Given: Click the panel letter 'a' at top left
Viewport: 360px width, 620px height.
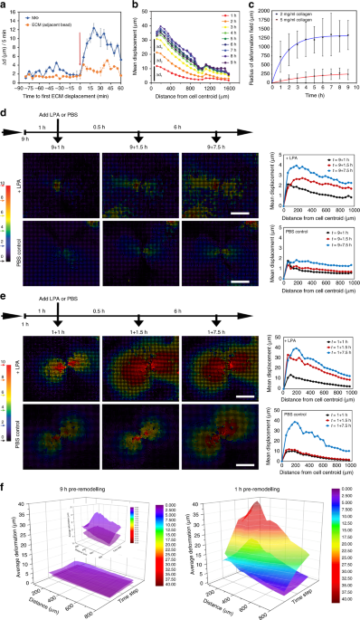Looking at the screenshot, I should (4, 5).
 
